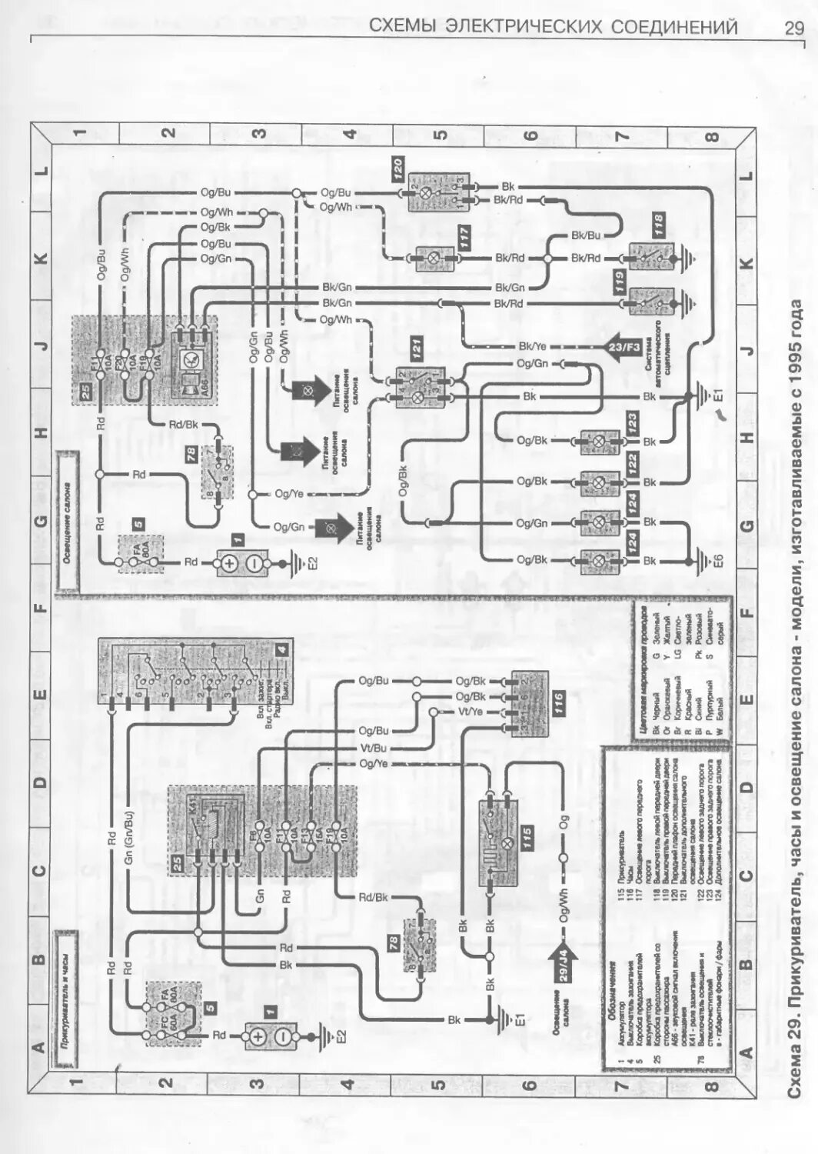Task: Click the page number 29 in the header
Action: point(793,28)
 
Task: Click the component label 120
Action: point(397,168)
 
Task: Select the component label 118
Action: point(659,224)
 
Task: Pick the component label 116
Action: point(559,702)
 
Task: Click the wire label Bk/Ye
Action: point(532,346)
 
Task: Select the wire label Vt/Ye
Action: point(471,712)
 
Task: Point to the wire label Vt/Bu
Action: point(374,747)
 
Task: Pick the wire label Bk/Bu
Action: point(585,235)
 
